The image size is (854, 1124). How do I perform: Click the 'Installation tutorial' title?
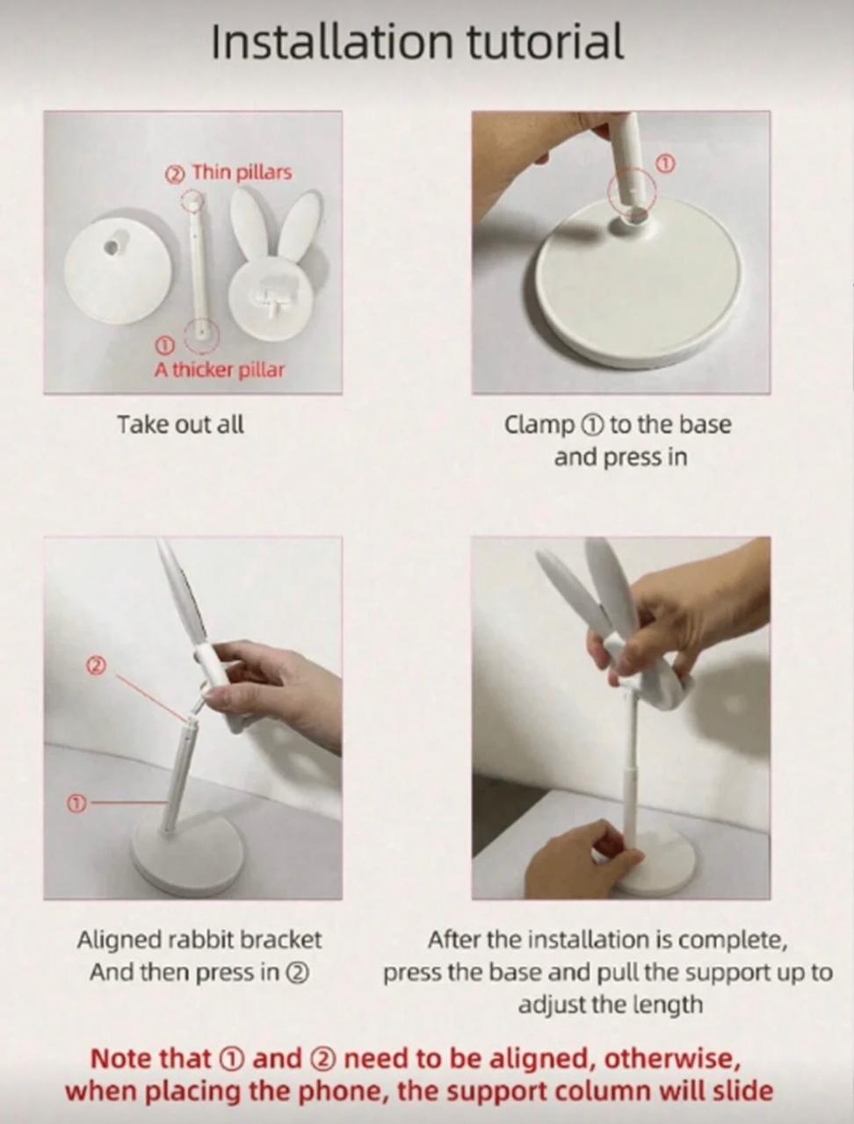pos(417,41)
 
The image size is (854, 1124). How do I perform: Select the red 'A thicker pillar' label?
pos(220,370)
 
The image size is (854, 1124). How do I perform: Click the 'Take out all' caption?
pos(180,424)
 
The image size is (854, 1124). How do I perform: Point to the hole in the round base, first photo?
pos(111,248)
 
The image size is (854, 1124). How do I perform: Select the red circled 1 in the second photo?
pos(665,163)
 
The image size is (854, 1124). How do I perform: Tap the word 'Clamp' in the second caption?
pos(538,425)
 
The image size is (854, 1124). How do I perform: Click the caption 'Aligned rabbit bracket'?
pos(199,940)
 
